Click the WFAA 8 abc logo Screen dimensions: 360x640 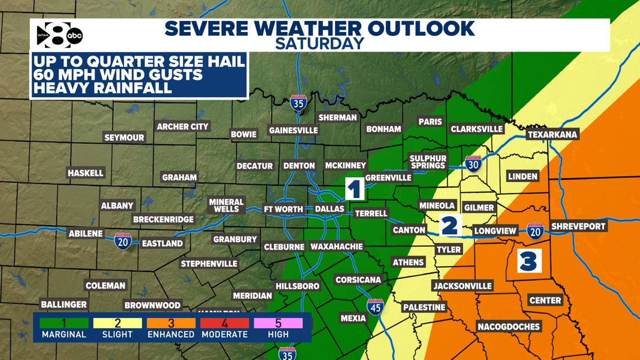pyautogui.click(x=60, y=35)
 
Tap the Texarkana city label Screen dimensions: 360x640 pyautogui.click(x=552, y=135)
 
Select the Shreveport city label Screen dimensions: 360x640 pyautogui.click(x=578, y=226)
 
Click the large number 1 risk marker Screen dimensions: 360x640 pyautogui.click(x=354, y=189)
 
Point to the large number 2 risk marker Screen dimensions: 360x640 pyautogui.click(x=449, y=225)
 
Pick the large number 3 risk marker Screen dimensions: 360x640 pyautogui.click(x=528, y=261)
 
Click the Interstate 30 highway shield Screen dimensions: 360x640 pyautogui.click(x=473, y=164)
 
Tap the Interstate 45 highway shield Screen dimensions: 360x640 pyautogui.click(x=374, y=307)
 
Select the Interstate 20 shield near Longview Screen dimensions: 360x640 pyautogui.click(x=534, y=231)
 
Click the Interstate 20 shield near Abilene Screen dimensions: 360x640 pyautogui.click(x=123, y=240)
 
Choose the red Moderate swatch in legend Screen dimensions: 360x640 pyautogui.click(x=225, y=323)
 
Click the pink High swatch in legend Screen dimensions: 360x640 pyautogui.click(x=278, y=323)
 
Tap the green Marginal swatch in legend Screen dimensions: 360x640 pyautogui.click(x=64, y=323)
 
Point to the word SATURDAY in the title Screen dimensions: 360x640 pyautogui.click(x=319, y=43)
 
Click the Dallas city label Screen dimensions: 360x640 pyautogui.click(x=329, y=209)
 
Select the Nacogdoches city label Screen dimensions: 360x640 pyautogui.click(x=508, y=327)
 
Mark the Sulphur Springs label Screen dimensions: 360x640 pyautogui.click(x=427, y=162)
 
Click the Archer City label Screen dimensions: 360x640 pyautogui.click(x=182, y=127)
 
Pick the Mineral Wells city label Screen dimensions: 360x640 pyautogui.click(x=226, y=206)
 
